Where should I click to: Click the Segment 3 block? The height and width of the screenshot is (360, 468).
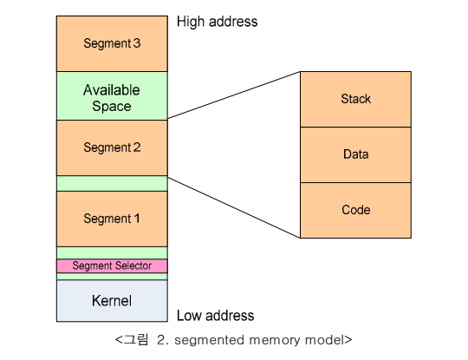click(x=112, y=43)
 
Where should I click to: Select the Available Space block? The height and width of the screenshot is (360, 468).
click(x=112, y=96)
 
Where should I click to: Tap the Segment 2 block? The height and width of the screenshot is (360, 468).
click(x=112, y=147)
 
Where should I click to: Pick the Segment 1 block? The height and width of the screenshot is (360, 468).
click(x=112, y=219)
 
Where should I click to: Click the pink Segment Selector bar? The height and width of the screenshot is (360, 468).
click(x=112, y=266)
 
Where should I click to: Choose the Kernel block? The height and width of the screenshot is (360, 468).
click(x=112, y=301)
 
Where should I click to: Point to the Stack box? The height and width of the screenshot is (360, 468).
click(x=355, y=99)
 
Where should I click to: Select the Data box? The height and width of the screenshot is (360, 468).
click(x=355, y=154)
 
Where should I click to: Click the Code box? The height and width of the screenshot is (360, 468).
click(x=355, y=210)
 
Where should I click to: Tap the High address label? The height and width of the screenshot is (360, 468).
click(x=217, y=22)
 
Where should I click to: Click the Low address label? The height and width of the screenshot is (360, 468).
click(x=215, y=316)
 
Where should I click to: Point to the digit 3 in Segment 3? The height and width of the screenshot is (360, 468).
click(x=137, y=43)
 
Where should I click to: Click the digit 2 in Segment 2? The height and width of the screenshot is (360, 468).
click(x=137, y=147)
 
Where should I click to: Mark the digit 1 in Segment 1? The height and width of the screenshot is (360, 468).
click(x=137, y=219)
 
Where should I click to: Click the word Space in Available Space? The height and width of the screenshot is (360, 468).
click(x=112, y=107)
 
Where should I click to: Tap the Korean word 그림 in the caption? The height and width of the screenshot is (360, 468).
click(x=136, y=340)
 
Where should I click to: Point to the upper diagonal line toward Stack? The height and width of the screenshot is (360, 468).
click(x=234, y=95)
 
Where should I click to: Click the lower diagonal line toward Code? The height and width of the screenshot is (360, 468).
click(x=234, y=207)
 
